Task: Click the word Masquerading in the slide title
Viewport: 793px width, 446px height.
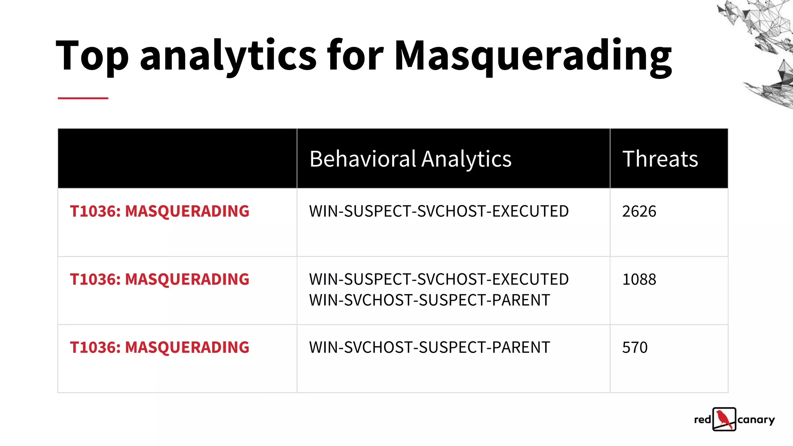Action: coord(533,56)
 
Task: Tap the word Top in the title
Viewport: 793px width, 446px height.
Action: coord(92,56)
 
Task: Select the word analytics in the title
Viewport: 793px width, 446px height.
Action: coord(228,56)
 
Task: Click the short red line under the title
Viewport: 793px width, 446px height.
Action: coord(83,98)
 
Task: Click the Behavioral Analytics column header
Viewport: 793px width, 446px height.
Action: coord(410,159)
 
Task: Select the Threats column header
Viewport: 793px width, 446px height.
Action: coord(660,159)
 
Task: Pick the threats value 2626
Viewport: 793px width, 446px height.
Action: coord(639,211)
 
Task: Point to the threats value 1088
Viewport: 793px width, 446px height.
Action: coord(639,280)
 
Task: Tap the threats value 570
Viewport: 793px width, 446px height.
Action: coord(635,348)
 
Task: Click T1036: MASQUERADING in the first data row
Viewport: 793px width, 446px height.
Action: coord(160,211)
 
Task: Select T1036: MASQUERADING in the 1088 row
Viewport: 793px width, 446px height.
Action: coord(160,280)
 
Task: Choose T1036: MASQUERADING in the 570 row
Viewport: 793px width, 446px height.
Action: coord(160,348)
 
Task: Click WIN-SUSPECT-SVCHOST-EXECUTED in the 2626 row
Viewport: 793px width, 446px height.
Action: coord(439,211)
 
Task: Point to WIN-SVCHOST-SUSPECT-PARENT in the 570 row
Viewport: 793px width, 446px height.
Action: coord(429,348)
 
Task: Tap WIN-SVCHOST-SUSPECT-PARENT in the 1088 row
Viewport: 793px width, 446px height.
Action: coord(429,300)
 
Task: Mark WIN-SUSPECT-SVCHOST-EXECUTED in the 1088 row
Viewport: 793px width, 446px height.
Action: coord(439,280)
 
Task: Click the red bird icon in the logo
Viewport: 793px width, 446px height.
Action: coord(724,419)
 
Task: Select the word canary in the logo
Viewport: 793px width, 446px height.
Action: coord(756,420)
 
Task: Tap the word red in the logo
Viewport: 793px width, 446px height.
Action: coord(702,420)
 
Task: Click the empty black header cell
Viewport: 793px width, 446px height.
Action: coord(177,159)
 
